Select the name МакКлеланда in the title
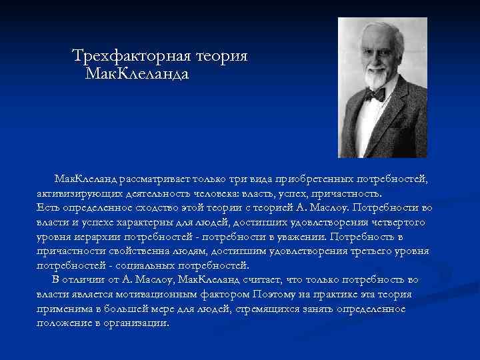(x=137, y=73)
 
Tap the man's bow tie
(x=375, y=95)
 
